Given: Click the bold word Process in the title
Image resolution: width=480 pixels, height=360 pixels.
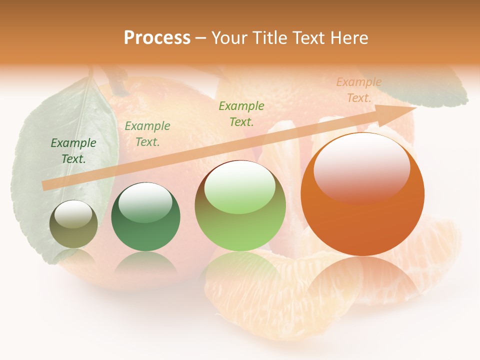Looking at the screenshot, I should [157, 38].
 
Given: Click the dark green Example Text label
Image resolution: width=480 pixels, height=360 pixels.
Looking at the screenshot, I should [73, 151].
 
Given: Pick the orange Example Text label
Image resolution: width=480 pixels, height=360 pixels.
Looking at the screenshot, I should [358, 90].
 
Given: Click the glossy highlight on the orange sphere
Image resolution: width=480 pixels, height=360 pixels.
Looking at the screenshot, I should [361, 168].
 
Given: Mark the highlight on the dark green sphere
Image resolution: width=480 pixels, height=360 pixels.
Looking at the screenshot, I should [145, 201].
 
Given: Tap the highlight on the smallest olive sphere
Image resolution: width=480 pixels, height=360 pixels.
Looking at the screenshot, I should [73, 214].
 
